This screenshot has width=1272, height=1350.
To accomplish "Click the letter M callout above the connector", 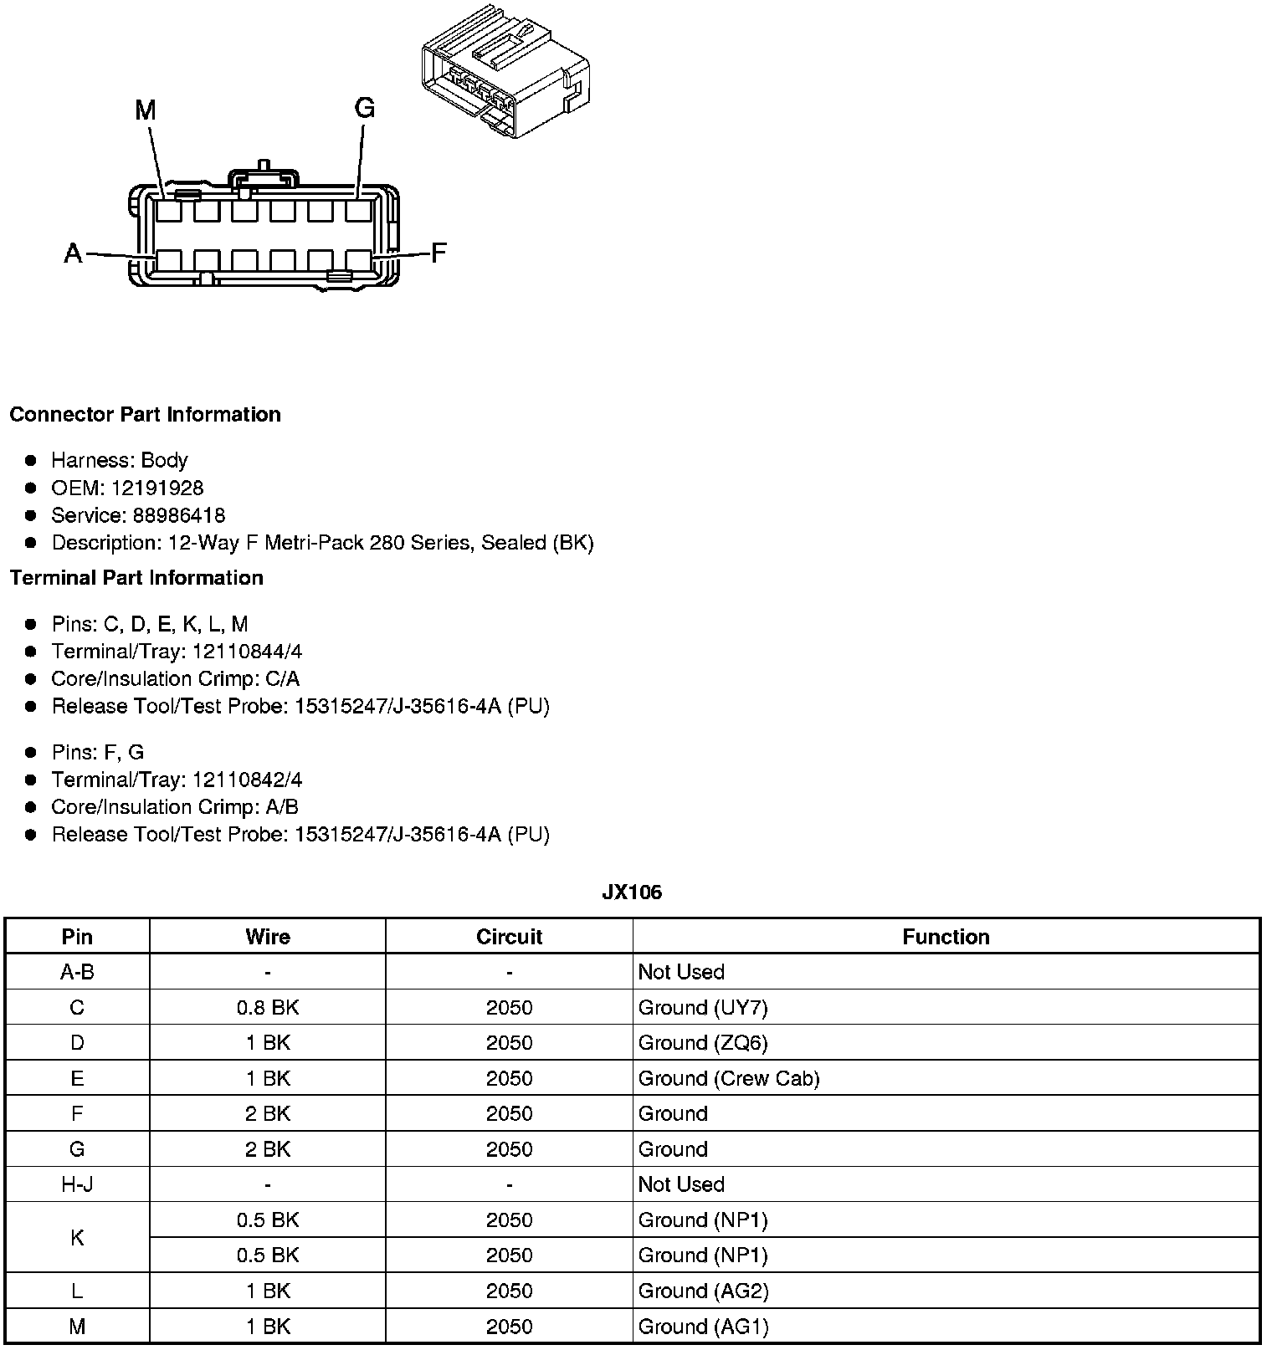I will (x=146, y=110).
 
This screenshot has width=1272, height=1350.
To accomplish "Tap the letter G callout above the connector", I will (x=364, y=108).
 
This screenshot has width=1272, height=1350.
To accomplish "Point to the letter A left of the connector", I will (x=74, y=253).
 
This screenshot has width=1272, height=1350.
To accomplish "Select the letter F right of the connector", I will (x=439, y=253).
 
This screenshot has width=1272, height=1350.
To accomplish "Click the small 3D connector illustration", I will (x=505, y=74).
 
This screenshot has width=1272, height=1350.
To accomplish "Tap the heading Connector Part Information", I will (x=145, y=415).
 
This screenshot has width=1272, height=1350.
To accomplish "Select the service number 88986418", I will (x=178, y=515).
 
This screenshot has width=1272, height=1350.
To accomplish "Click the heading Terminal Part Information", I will (x=136, y=578).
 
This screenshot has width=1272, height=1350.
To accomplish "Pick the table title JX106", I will (x=632, y=892).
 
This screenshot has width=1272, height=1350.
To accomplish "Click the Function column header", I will (x=946, y=937).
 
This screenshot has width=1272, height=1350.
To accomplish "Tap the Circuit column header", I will (x=509, y=937).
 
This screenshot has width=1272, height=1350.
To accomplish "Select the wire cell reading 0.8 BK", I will (x=268, y=1008).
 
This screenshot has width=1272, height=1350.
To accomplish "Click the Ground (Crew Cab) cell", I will (x=729, y=1079).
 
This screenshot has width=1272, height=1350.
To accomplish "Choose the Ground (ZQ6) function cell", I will (x=703, y=1043).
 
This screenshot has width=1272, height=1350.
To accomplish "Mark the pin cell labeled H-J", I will (x=77, y=1184).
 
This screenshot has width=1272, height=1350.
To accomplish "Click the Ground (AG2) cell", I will (x=703, y=1291).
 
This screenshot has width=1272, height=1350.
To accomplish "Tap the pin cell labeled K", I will (x=77, y=1238).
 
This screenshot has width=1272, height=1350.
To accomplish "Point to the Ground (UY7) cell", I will (x=703, y=1008).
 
